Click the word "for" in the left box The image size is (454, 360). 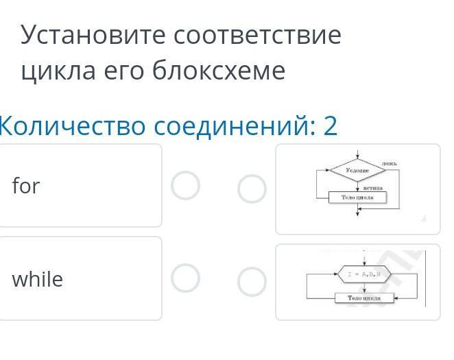point(26,186)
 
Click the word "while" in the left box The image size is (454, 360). point(37,279)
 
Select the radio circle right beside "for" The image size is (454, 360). point(185,185)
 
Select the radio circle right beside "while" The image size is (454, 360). point(185,278)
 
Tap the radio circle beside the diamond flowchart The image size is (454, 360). point(252,189)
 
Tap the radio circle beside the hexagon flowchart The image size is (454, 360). point(252,282)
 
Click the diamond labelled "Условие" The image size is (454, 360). point(357,169)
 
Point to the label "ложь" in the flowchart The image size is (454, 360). point(390,163)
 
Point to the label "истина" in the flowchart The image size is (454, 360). point(372,187)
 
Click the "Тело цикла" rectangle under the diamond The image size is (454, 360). point(357,197)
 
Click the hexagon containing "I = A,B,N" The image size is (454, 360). point(363,274)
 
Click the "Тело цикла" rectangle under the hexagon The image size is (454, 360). point(363,298)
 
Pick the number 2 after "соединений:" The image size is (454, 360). point(331,126)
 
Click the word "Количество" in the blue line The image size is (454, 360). point(71,126)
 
